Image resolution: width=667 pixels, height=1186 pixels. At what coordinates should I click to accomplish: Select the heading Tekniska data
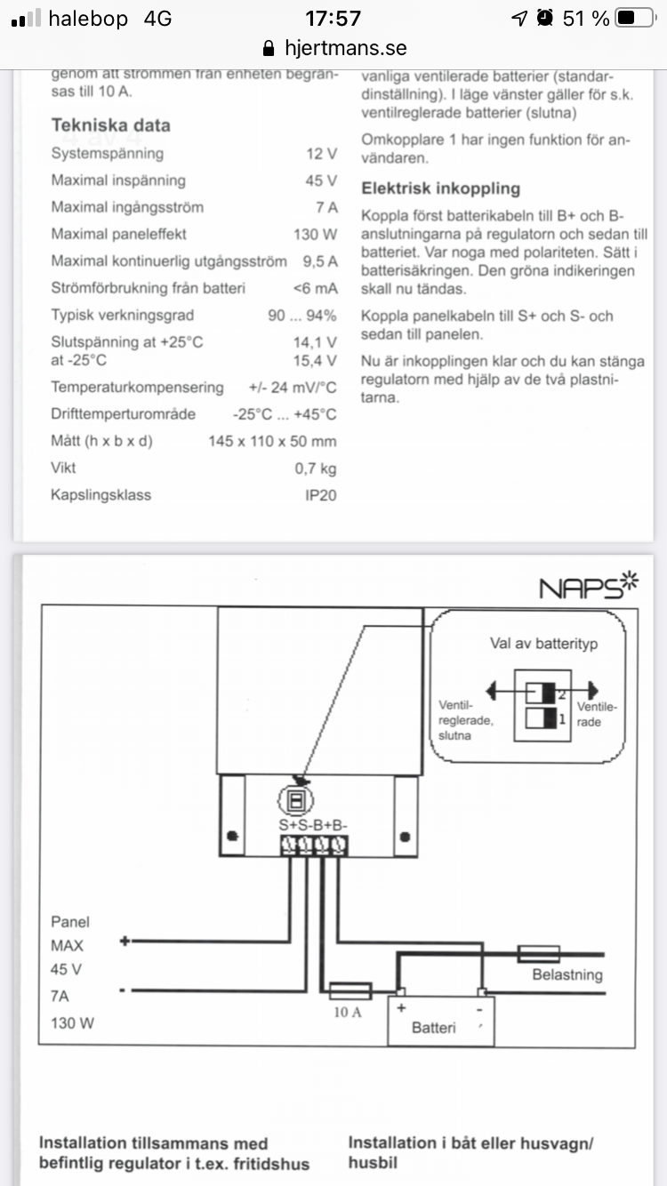110,125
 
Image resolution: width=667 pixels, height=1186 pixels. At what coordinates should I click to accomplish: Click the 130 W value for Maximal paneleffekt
315,235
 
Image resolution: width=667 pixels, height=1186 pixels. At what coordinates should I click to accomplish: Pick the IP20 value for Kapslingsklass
320,495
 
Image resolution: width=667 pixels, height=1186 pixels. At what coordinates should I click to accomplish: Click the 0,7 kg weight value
316,469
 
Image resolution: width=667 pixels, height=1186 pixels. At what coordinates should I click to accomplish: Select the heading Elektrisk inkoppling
440,188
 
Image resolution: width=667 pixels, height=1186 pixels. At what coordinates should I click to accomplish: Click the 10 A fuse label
348,1011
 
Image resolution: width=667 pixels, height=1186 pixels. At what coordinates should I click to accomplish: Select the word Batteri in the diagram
434,1028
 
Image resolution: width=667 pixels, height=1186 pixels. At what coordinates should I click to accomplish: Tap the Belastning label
567,974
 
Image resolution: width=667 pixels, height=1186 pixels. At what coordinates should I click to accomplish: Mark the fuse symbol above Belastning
538,953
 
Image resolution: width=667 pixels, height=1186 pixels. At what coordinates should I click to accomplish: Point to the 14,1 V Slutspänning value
315,342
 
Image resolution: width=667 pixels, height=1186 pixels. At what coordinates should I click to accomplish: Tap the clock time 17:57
333,18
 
